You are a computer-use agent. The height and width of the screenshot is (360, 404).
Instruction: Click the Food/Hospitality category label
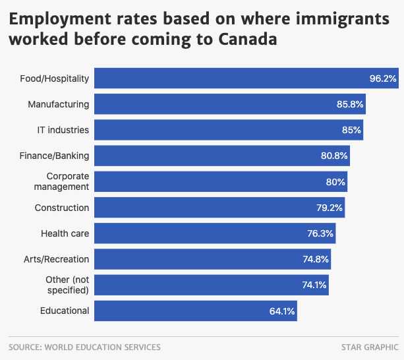[x=54, y=78]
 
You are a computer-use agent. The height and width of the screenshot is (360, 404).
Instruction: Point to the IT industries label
[x=63, y=130]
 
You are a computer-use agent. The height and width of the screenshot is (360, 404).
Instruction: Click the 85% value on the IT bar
[x=351, y=131]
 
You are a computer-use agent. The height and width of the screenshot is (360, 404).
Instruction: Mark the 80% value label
[x=335, y=182]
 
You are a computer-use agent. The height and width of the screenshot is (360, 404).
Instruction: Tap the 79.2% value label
[x=330, y=208]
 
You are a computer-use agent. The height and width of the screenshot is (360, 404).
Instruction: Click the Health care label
[x=65, y=233]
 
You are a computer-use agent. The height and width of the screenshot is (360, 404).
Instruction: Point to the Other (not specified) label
[x=66, y=285]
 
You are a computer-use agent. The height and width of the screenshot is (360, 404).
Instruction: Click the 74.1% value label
[x=313, y=285]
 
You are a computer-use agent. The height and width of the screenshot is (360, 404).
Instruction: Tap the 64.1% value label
[x=283, y=311]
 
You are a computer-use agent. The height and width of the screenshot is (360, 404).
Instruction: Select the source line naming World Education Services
[x=84, y=347]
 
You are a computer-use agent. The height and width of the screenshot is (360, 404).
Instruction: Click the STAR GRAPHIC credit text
[x=370, y=347]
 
